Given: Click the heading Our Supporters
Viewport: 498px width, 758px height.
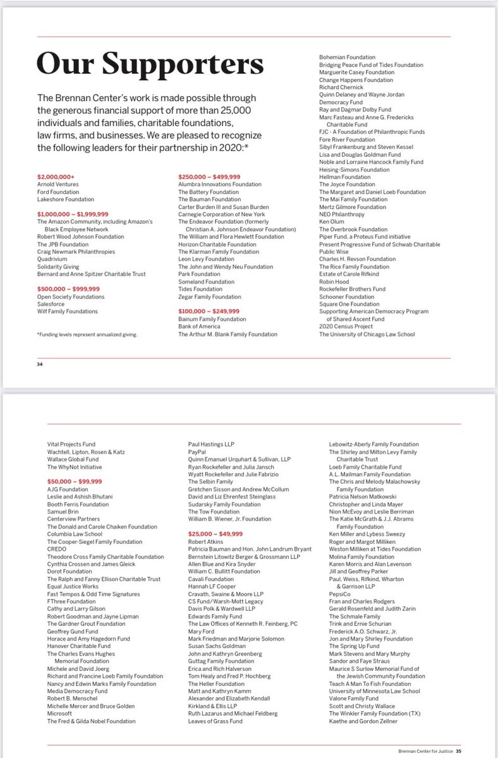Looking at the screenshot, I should (150, 64).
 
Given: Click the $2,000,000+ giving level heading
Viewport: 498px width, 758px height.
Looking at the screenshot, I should (56, 176).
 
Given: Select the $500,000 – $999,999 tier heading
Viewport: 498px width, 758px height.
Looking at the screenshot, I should (68, 289).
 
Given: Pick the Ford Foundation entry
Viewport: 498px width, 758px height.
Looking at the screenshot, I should (58, 191).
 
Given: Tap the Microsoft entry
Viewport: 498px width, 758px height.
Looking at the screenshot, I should (60, 714).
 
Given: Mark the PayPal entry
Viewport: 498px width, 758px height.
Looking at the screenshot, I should (189, 452).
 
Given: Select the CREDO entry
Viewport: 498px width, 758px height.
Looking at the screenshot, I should (56, 549).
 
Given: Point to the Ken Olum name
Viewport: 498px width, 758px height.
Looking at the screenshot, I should (332, 221).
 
